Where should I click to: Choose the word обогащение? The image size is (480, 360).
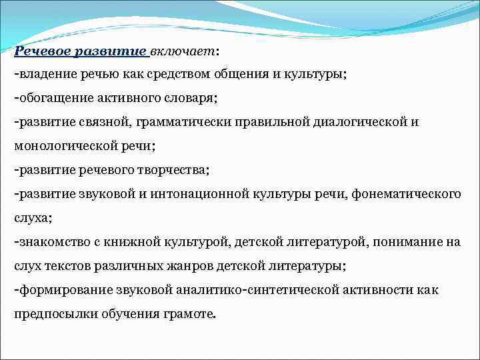tap(53, 98)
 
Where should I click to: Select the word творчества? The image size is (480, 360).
tap(173, 170)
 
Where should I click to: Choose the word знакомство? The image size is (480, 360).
tap(53, 242)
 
